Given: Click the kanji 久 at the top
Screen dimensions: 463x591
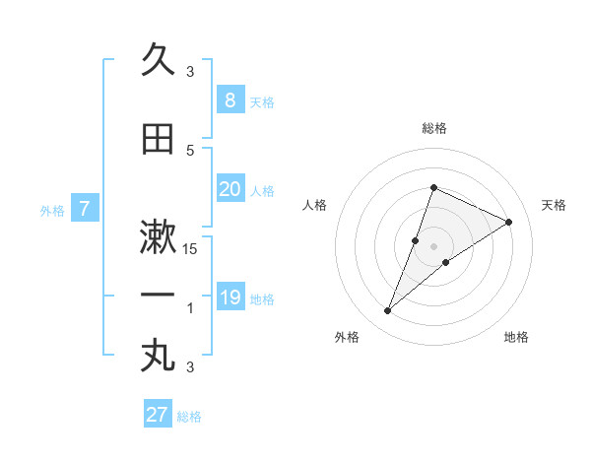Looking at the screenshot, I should (158, 60).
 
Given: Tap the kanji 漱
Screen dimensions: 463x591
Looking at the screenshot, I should (158, 237).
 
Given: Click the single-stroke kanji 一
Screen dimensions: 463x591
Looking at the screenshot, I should (158, 295).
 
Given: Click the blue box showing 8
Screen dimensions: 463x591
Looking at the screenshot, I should (230, 100).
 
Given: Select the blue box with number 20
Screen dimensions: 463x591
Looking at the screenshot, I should (230, 189).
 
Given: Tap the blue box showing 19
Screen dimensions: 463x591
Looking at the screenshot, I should (230, 298).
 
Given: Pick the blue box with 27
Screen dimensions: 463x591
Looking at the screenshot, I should (157, 415).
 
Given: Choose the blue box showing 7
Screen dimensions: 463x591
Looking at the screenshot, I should (85, 208).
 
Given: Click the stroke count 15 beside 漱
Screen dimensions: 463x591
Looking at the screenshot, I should (190, 248).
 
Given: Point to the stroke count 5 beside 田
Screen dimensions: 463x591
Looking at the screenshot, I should (190, 150).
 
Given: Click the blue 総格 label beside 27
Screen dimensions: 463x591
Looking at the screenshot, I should (189, 417).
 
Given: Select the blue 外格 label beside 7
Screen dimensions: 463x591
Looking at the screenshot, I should (52, 210).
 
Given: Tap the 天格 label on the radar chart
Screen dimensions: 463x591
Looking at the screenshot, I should (554, 205).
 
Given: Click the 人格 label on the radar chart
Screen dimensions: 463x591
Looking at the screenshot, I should (314, 205).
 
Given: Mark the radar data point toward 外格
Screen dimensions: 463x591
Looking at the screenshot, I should (388, 311).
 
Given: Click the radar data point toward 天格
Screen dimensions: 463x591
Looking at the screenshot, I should (509, 222).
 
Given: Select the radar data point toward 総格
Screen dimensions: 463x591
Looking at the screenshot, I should (433, 187).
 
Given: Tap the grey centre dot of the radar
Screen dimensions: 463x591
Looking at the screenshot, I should (433, 246).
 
